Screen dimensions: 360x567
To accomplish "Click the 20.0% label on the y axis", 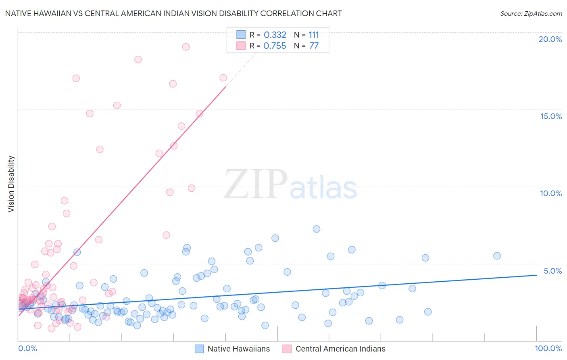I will [x=550, y=39].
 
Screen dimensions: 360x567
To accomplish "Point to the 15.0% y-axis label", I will [x=551, y=116].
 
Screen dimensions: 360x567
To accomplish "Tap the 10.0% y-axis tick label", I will [x=551, y=193].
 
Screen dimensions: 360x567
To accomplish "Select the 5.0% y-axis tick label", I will [x=552, y=271].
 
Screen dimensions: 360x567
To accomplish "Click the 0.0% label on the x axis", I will [x=27, y=348].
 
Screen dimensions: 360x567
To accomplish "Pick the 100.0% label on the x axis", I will [x=548, y=348].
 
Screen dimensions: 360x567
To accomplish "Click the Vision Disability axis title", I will [x=11, y=184].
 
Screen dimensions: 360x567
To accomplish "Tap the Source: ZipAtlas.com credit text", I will [x=531, y=13].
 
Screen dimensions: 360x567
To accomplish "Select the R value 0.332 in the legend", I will [x=275, y=35].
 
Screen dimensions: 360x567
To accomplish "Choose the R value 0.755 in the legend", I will [x=275, y=46].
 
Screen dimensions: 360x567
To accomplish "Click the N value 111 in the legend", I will [x=314, y=35].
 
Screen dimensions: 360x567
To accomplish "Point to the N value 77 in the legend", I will [x=314, y=46].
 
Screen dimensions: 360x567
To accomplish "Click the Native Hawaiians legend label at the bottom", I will [x=239, y=349].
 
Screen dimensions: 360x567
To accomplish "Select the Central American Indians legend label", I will [x=340, y=349].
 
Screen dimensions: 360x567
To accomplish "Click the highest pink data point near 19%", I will [x=186, y=47].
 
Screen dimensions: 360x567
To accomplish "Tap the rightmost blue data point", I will [x=497, y=256].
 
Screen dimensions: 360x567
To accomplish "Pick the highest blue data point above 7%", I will [x=317, y=229].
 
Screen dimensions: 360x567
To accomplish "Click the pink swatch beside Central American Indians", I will [x=287, y=349].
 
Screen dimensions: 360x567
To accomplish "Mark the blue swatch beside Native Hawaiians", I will [x=199, y=349].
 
